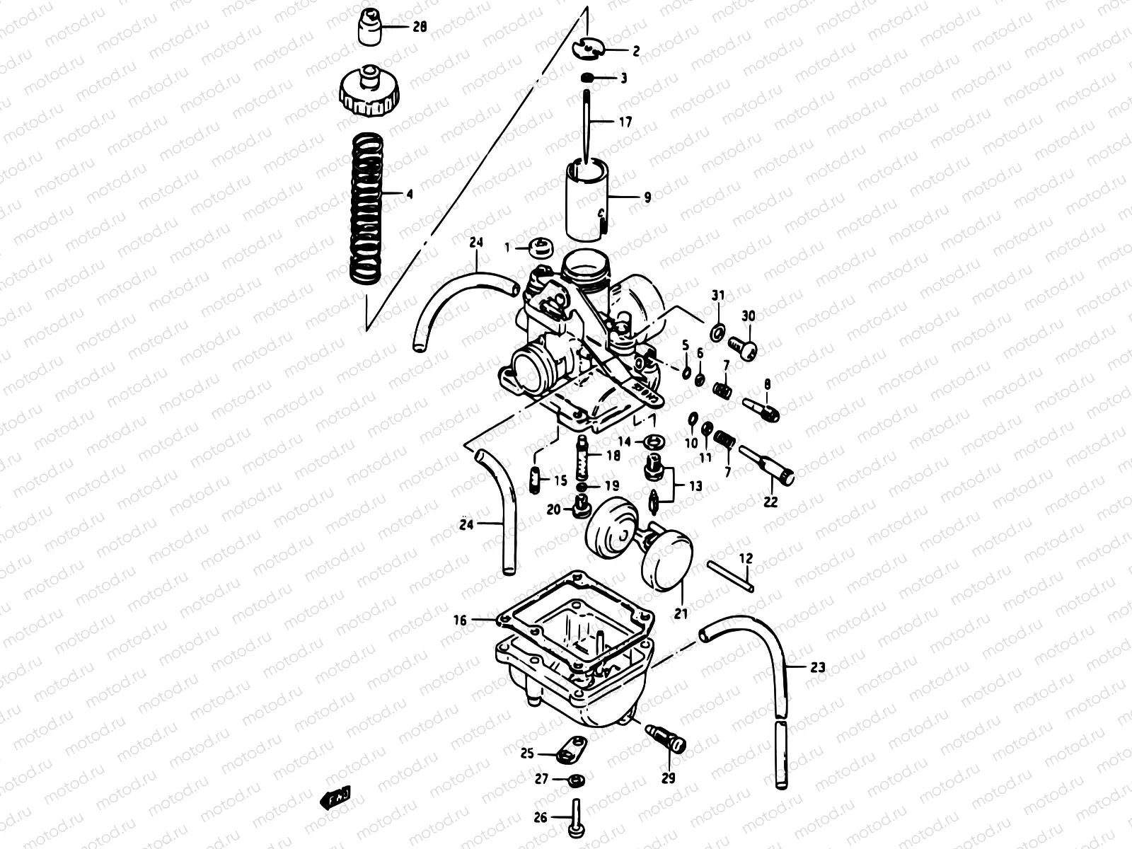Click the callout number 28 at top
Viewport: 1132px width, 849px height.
(420, 28)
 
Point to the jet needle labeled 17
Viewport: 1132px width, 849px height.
(587, 124)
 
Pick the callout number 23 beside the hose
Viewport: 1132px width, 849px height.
(817, 666)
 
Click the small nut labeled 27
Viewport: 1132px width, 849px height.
(577, 780)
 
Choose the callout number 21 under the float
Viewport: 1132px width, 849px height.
(681, 614)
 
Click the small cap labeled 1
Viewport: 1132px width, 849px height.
(540, 247)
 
